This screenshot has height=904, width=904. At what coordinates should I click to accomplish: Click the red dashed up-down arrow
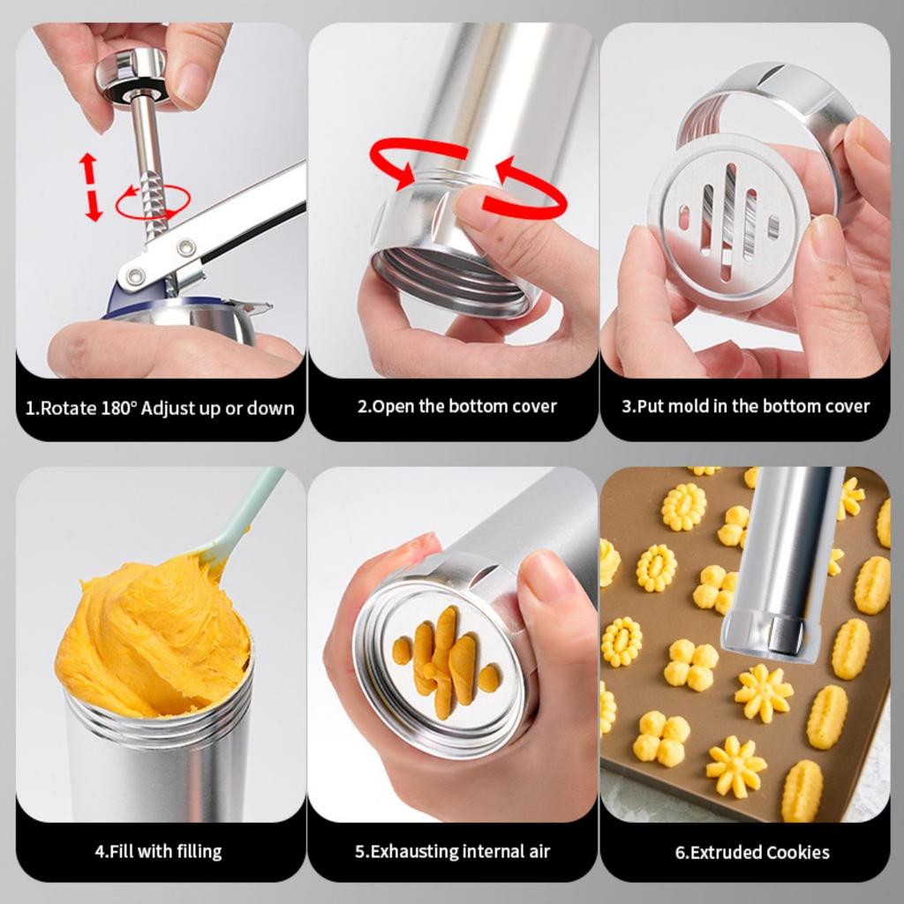click(89, 186)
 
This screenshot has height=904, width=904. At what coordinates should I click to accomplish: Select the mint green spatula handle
click(248, 512)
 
